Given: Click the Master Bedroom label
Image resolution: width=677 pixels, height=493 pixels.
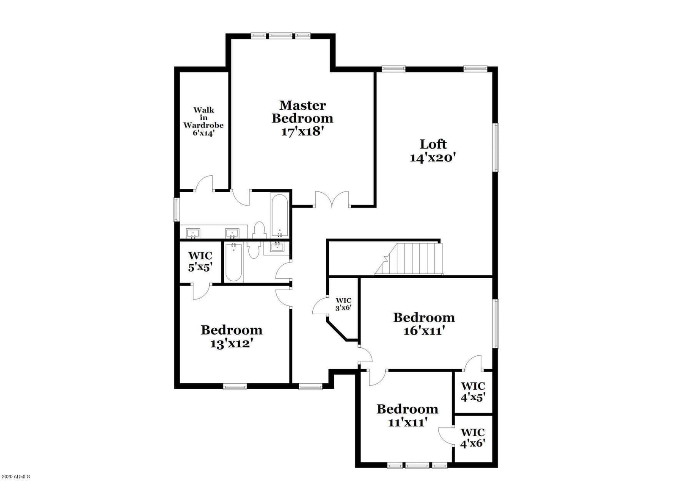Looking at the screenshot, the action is [302, 118].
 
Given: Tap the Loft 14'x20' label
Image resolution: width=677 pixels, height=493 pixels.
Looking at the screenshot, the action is [433, 151].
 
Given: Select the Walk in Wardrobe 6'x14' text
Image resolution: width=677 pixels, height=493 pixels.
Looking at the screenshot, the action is [204, 122].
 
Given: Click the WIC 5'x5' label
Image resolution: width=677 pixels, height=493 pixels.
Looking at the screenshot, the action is [201, 261].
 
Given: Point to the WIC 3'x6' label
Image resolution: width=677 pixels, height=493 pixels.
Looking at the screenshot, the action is [343, 304].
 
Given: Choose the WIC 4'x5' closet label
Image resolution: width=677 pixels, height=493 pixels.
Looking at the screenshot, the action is [473, 392].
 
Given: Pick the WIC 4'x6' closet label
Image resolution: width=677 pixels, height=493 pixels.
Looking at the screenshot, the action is [473, 438].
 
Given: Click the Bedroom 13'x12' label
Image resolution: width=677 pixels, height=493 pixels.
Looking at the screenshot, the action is [231, 336].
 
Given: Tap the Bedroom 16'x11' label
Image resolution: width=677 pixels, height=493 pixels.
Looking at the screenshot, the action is [424, 324].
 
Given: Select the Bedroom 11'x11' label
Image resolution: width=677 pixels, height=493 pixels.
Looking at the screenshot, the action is [407, 415].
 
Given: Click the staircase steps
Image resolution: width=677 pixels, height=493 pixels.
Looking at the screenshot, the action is [409, 259].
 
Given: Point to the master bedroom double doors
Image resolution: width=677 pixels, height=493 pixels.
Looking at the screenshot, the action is [332, 199].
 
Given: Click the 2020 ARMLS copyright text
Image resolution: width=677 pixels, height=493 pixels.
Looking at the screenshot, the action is [16, 485].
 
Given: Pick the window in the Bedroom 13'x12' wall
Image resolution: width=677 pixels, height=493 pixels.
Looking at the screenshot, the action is [235, 387].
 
